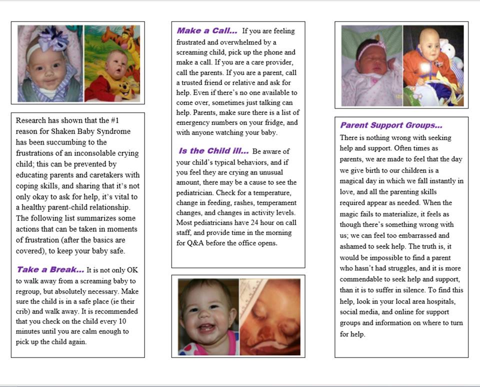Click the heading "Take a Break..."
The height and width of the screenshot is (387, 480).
(50, 269)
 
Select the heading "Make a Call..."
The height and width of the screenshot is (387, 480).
(206, 30)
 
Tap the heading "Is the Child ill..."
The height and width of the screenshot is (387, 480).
(213, 150)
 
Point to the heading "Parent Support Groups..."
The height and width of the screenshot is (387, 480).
(391, 125)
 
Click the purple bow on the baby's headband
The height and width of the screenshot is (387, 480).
(50, 37)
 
